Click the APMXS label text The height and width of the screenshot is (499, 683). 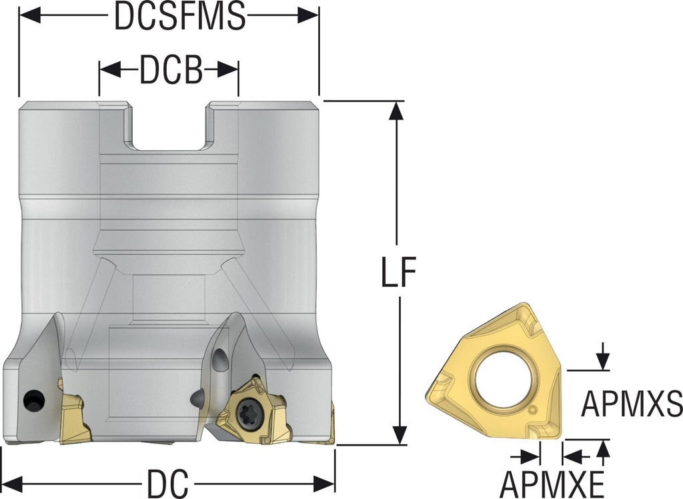pos(631,404)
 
